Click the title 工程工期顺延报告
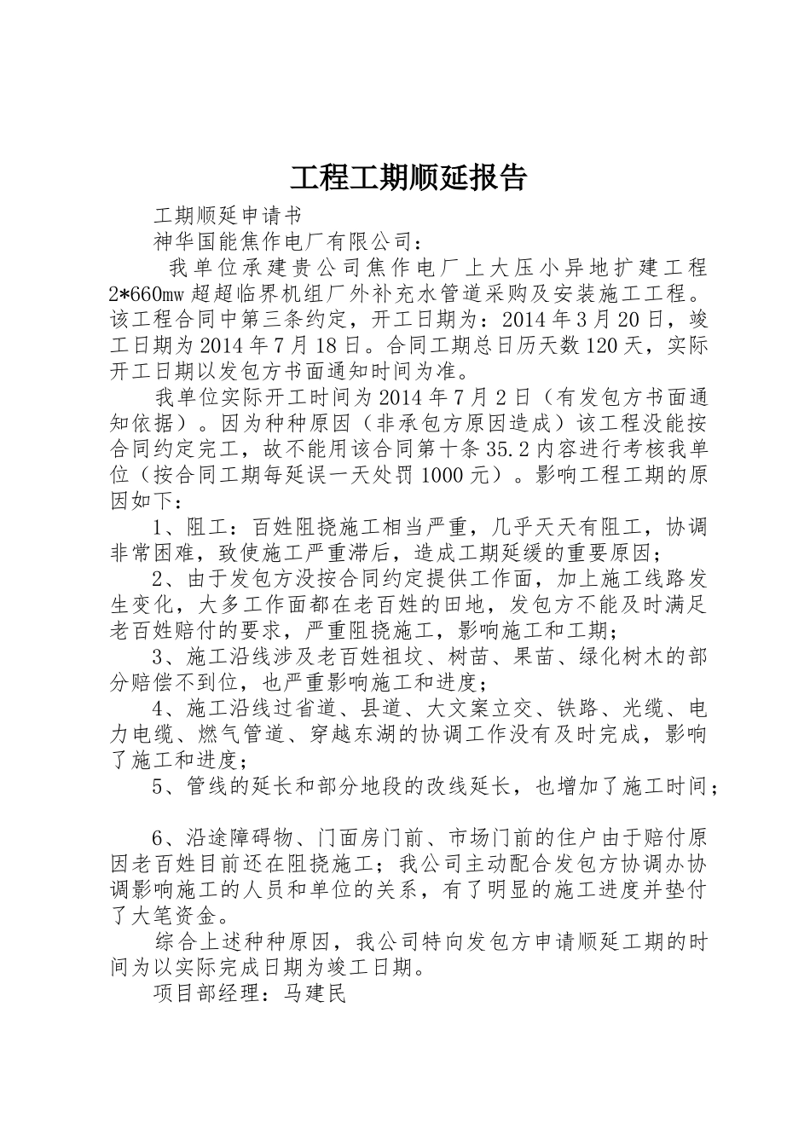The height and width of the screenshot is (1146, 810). [408, 177]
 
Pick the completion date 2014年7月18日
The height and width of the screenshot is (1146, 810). [291, 346]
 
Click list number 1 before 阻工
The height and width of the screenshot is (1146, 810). [159, 526]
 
